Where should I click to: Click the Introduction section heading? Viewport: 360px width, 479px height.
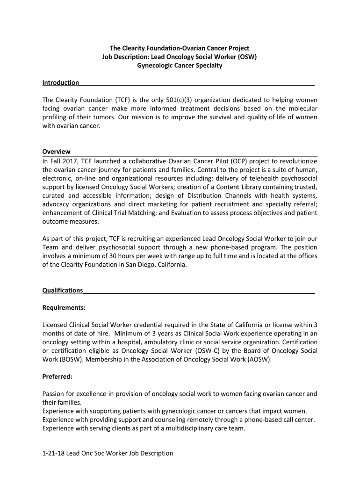click(61, 83)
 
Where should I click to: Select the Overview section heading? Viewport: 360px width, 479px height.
click(56, 152)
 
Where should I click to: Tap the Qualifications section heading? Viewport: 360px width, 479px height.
click(63, 290)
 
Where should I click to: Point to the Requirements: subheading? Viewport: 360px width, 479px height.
click(64, 308)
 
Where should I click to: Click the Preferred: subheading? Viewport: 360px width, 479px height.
click(57, 376)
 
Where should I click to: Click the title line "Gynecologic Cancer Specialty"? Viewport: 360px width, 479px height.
click(180, 65)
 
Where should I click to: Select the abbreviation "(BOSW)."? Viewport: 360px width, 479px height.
click(70, 359)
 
